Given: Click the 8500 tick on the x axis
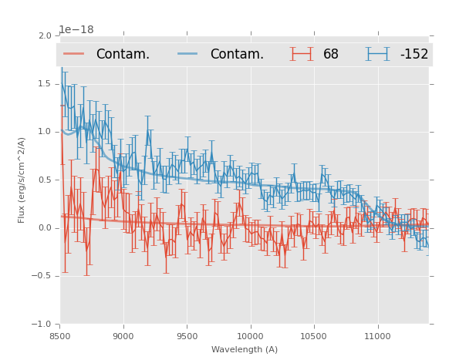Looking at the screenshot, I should [x=60, y=336].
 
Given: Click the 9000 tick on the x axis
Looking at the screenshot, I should [x=123, y=336].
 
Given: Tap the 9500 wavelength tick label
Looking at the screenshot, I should [x=187, y=336].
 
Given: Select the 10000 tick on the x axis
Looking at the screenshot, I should [x=250, y=336].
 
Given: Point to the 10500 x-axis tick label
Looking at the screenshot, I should [x=314, y=336].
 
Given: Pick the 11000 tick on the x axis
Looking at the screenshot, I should [x=377, y=336].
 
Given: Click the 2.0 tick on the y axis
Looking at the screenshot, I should [x=45, y=36].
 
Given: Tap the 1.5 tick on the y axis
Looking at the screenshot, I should [x=45, y=84].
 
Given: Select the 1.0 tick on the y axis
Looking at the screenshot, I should [x=45, y=132].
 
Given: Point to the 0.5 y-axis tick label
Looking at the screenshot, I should [x=45, y=180].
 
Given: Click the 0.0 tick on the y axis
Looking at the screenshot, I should [x=45, y=228].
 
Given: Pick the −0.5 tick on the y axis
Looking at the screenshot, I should [x=42, y=276].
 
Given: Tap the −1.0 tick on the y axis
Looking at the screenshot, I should [x=42, y=325].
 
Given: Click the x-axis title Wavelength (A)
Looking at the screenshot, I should [x=245, y=350].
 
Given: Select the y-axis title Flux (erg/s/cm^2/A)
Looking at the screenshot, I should [x=22, y=180].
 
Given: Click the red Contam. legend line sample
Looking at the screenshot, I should [x=74, y=54].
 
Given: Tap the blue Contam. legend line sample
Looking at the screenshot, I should [x=188, y=54].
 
